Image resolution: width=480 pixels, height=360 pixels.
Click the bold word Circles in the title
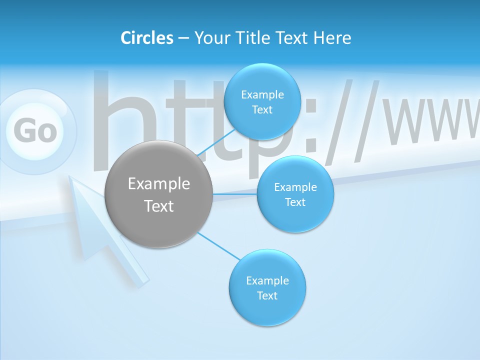point(146,38)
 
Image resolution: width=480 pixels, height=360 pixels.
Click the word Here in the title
point(332,38)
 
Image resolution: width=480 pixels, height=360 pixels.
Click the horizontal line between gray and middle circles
point(235,194)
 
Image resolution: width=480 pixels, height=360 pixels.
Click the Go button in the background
point(35,131)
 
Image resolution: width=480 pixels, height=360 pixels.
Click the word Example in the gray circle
point(159,184)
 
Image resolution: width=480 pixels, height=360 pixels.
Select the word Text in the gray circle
point(159,206)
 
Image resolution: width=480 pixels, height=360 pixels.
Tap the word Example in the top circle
point(262,95)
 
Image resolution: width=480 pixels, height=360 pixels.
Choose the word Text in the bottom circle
point(267,296)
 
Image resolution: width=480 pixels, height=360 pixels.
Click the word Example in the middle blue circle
point(295,187)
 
